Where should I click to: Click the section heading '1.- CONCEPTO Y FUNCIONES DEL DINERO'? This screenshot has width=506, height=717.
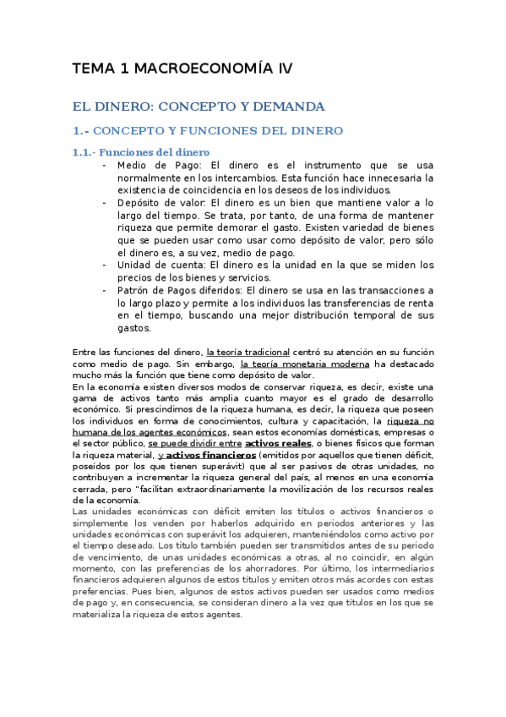click(x=207, y=131)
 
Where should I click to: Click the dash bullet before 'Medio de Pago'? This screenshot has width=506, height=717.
click(x=104, y=165)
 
